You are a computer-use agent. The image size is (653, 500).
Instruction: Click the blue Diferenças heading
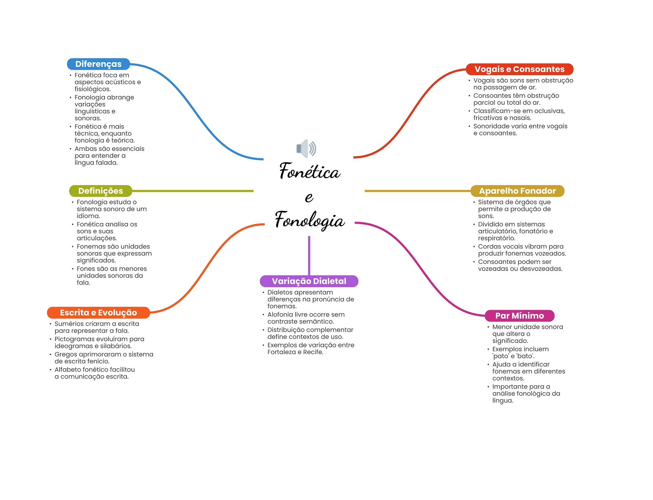[98, 64]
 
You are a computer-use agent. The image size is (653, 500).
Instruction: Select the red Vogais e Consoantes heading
[519, 69]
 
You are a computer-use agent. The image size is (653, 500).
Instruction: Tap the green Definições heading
[100, 191]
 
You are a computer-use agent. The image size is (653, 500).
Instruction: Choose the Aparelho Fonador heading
[517, 191]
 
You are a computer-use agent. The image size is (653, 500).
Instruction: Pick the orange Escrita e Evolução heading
[98, 313]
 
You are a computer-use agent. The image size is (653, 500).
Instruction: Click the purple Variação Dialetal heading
[309, 281]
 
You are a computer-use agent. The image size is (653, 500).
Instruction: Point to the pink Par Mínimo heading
[519, 316]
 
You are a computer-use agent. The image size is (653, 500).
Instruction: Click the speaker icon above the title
[306, 149]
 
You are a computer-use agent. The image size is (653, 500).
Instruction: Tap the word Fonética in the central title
[310, 171]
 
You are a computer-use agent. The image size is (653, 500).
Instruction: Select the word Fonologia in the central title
[310, 220]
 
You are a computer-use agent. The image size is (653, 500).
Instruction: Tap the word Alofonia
[280, 315]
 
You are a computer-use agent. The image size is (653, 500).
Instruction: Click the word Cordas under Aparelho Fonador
[489, 247]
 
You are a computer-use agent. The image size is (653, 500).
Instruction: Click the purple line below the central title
[309, 255]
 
